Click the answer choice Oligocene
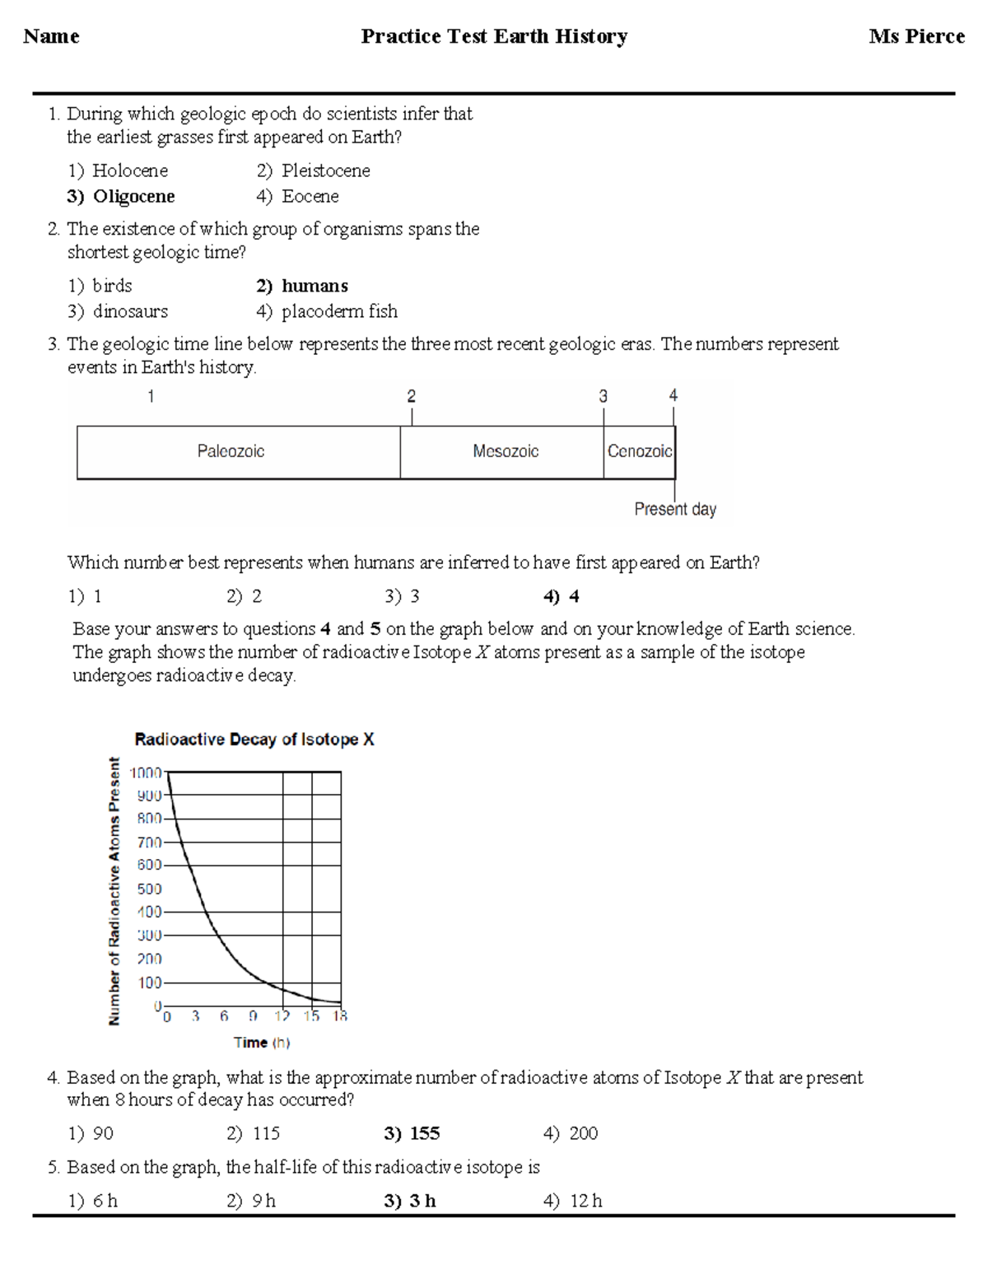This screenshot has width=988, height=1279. (x=133, y=197)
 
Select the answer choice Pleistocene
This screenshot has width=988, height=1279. (x=325, y=171)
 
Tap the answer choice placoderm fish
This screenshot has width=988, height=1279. (x=339, y=312)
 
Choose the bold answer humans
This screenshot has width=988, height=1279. (x=315, y=287)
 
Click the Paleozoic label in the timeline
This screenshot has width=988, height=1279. (x=231, y=451)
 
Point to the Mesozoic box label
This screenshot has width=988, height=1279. (x=506, y=451)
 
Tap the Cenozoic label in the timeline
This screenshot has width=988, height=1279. (x=640, y=451)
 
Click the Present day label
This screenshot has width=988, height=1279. (x=675, y=510)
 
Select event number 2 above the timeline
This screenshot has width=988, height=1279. (x=412, y=396)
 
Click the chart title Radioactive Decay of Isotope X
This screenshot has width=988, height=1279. (x=254, y=740)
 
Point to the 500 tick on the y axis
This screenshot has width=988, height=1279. (x=149, y=889)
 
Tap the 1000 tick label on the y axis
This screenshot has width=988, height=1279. (x=147, y=773)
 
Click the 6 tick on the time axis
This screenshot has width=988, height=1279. (x=224, y=1017)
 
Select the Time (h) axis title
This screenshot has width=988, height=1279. (x=262, y=1043)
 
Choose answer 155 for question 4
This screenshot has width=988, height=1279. (x=424, y=1134)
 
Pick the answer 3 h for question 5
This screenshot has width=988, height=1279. (x=422, y=1202)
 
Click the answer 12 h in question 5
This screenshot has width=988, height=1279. (x=585, y=1202)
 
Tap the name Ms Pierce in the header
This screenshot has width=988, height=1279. (x=916, y=37)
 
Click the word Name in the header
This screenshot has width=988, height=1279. (x=51, y=37)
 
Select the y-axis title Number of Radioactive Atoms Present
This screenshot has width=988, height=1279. (x=114, y=892)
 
